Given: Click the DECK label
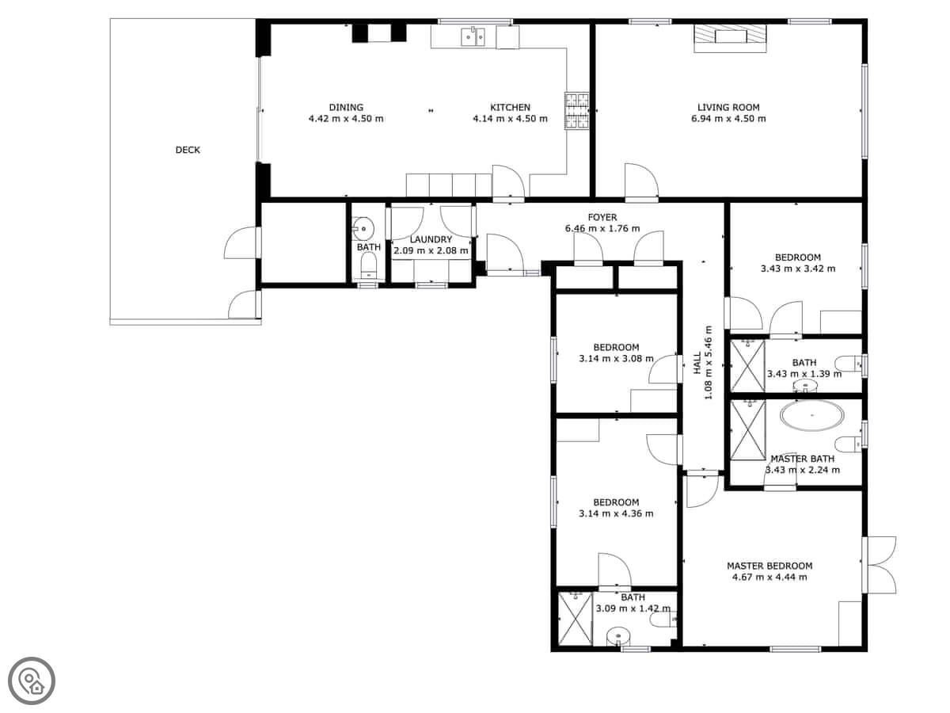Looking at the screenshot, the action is point(188,150).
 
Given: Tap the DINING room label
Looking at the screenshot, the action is point(346,108).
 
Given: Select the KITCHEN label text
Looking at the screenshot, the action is point(510,108).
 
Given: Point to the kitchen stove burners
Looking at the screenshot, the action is point(576,111).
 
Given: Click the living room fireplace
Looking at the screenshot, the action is point(730,39).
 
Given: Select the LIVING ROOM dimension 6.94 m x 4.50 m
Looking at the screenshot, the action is point(728,119).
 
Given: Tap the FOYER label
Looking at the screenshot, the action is point(602,217).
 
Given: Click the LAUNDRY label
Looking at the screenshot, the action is point(431,239).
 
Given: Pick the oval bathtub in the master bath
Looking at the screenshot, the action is point(812,415).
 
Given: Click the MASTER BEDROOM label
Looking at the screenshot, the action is point(769,566).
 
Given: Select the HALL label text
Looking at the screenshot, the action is point(697,363).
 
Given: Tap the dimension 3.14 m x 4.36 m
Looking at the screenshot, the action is point(616,514).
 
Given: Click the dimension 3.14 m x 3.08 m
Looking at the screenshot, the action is point(616,358).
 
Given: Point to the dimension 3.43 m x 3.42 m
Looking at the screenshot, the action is point(798,269).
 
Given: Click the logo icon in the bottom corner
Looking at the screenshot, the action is point(32,681).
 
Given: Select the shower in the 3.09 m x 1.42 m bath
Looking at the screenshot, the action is point(575,619).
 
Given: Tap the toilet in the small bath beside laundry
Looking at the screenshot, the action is point(368,265).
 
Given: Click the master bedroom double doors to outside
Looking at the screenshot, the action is point(880,565).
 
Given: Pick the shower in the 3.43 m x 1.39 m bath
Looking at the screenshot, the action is point(748,366).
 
